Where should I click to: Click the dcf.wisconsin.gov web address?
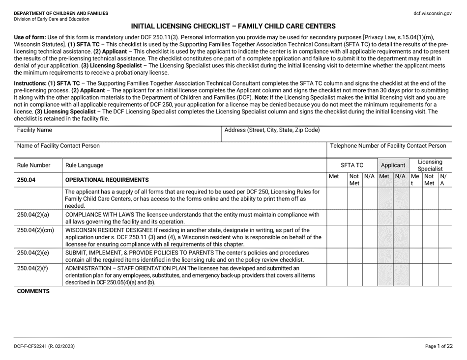pyautogui.click(x=432, y=14)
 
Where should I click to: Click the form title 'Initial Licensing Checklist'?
pyautogui.click(x=233, y=26)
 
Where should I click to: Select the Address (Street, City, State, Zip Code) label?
pyautogui.click(x=271, y=131)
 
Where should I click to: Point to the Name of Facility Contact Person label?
pyautogui.click(x=58, y=146)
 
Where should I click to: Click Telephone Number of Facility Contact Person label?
pyautogui.click(x=388, y=146)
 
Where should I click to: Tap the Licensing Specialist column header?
pyautogui.click(x=430, y=166)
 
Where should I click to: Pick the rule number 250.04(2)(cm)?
pyautogui.click(x=35, y=230)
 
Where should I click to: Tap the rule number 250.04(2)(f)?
pyautogui.click(x=32, y=268)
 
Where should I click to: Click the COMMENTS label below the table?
pyautogui.click(x=33, y=291)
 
